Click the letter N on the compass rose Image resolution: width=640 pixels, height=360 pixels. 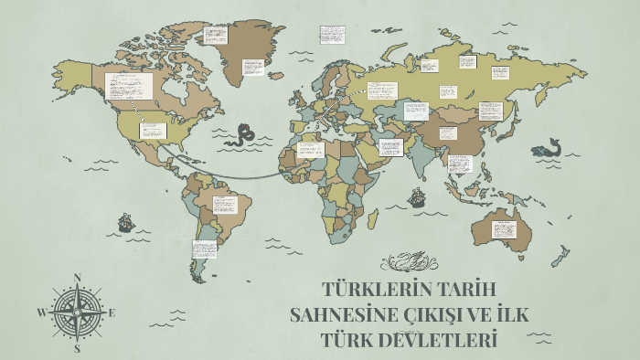(x=78, y=277)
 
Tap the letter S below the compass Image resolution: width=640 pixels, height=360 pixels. (x=78, y=348)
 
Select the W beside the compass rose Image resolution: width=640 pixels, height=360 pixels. (x=41, y=312)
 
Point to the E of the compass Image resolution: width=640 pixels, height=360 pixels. (x=112, y=312)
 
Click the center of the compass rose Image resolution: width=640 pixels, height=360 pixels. (x=78, y=312)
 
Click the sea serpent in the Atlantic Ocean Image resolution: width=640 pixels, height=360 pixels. (x=244, y=134)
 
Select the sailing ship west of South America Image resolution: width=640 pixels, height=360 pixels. (x=126, y=221)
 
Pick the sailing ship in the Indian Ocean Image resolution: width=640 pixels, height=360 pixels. (x=418, y=196)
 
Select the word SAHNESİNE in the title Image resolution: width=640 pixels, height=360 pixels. (x=343, y=316)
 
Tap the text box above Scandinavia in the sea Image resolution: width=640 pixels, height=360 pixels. (x=331, y=34)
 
